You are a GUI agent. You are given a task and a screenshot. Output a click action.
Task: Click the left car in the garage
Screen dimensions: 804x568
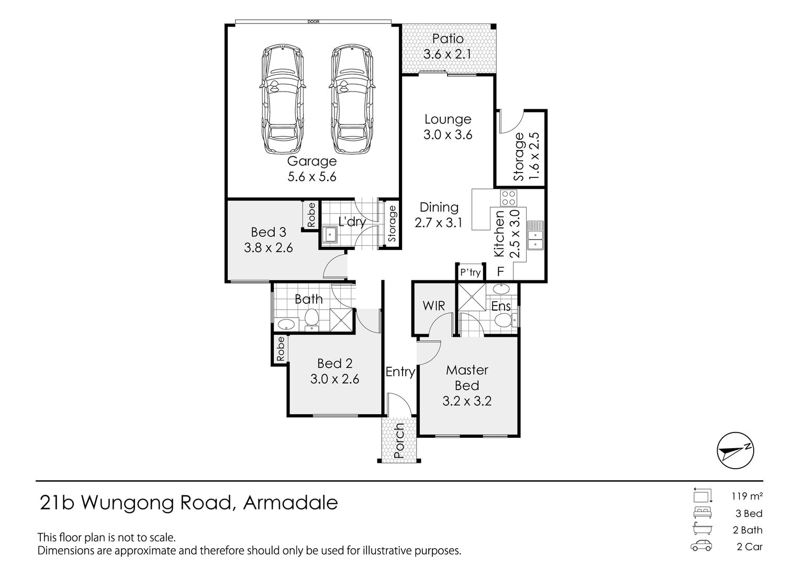tap(283, 99)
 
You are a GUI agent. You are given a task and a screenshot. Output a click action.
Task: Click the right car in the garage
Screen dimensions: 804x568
tap(352, 99)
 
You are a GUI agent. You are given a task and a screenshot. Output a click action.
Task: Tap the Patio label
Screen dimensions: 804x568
tap(448, 39)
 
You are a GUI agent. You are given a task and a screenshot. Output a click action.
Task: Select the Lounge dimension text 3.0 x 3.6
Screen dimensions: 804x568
tap(448, 135)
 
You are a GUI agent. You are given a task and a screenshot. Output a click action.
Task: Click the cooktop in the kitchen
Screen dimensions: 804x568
tap(509, 198)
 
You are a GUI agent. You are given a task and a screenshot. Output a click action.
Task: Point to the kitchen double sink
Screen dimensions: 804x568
tap(535, 235)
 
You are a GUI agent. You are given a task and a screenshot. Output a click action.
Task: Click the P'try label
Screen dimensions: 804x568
tap(470, 272)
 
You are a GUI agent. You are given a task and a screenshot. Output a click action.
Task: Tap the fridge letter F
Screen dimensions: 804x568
tap(500, 272)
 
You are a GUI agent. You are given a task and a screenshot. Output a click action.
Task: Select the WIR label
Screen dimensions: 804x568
tap(433, 306)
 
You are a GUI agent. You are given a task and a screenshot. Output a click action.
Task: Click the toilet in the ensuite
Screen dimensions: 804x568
tap(505, 320)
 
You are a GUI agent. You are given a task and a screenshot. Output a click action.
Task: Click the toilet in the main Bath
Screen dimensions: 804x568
tap(311, 319)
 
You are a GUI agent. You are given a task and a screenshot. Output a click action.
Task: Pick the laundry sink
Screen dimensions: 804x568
tap(329, 235)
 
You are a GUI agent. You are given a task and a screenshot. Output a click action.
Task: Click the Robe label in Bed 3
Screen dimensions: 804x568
tap(311, 215)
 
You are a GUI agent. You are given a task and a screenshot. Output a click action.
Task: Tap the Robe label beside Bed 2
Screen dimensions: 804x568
tap(281, 348)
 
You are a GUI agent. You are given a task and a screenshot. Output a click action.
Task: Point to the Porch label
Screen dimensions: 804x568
tap(399, 441)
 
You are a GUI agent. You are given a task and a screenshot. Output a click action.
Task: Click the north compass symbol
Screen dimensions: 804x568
tap(735, 450)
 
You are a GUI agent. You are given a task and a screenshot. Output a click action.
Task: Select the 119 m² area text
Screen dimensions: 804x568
tap(747, 496)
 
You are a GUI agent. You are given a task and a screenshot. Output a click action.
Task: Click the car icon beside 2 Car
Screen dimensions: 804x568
tap(701, 546)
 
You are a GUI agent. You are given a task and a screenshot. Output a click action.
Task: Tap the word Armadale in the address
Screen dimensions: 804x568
tap(291, 503)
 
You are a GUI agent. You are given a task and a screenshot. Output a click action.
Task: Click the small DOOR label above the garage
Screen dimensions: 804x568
tap(314, 22)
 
